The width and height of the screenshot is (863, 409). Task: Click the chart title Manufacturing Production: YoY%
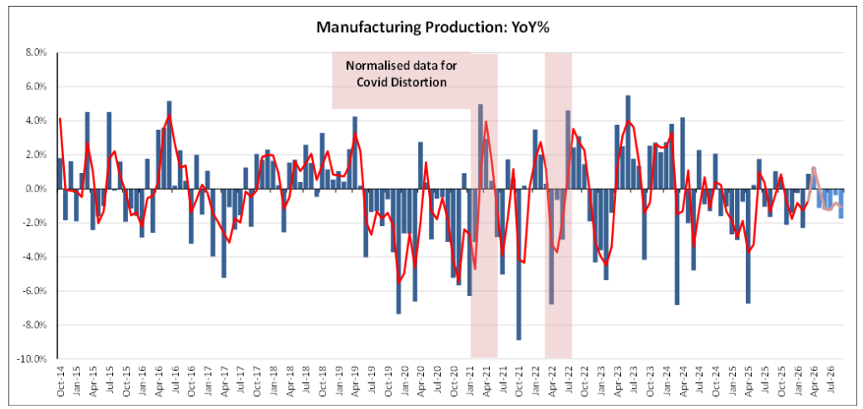(x=432, y=28)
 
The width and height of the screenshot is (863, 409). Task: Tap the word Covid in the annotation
(x=383, y=82)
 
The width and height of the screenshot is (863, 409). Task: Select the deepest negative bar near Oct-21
(x=518, y=264)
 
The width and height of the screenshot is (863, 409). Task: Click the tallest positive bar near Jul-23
(x=628, y=143)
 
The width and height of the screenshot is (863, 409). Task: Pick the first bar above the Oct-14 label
(x=60, y=174)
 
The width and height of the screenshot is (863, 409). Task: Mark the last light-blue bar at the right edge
(x=840, y=204)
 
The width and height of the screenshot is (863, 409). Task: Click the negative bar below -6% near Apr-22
(x=551, y=246)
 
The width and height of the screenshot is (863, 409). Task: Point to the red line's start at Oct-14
(x=60, y=119)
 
